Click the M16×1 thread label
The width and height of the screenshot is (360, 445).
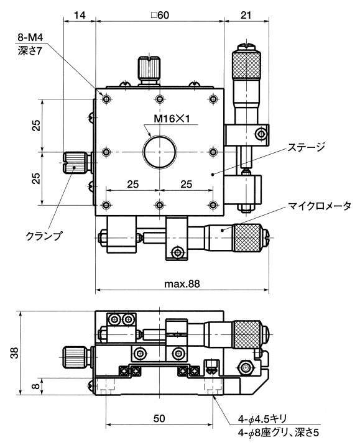172,119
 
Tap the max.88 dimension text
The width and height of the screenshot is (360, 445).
182,283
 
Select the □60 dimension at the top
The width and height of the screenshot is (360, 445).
160,15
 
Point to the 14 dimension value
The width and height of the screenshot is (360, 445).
80,15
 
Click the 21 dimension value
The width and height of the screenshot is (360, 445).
246,15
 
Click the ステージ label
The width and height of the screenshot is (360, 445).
306,147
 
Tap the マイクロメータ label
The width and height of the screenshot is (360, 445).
320,206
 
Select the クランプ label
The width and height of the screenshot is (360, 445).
44,236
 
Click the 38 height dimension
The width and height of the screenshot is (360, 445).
14,353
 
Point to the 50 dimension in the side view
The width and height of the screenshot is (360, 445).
159,419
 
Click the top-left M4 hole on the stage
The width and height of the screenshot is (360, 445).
106,99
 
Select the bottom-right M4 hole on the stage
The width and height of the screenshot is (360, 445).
213,205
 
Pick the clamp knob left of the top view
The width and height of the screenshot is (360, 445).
75,163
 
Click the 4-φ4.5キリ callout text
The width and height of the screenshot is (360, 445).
262,419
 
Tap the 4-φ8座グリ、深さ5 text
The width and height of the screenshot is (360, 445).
279,433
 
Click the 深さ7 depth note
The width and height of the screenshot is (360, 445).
29,51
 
